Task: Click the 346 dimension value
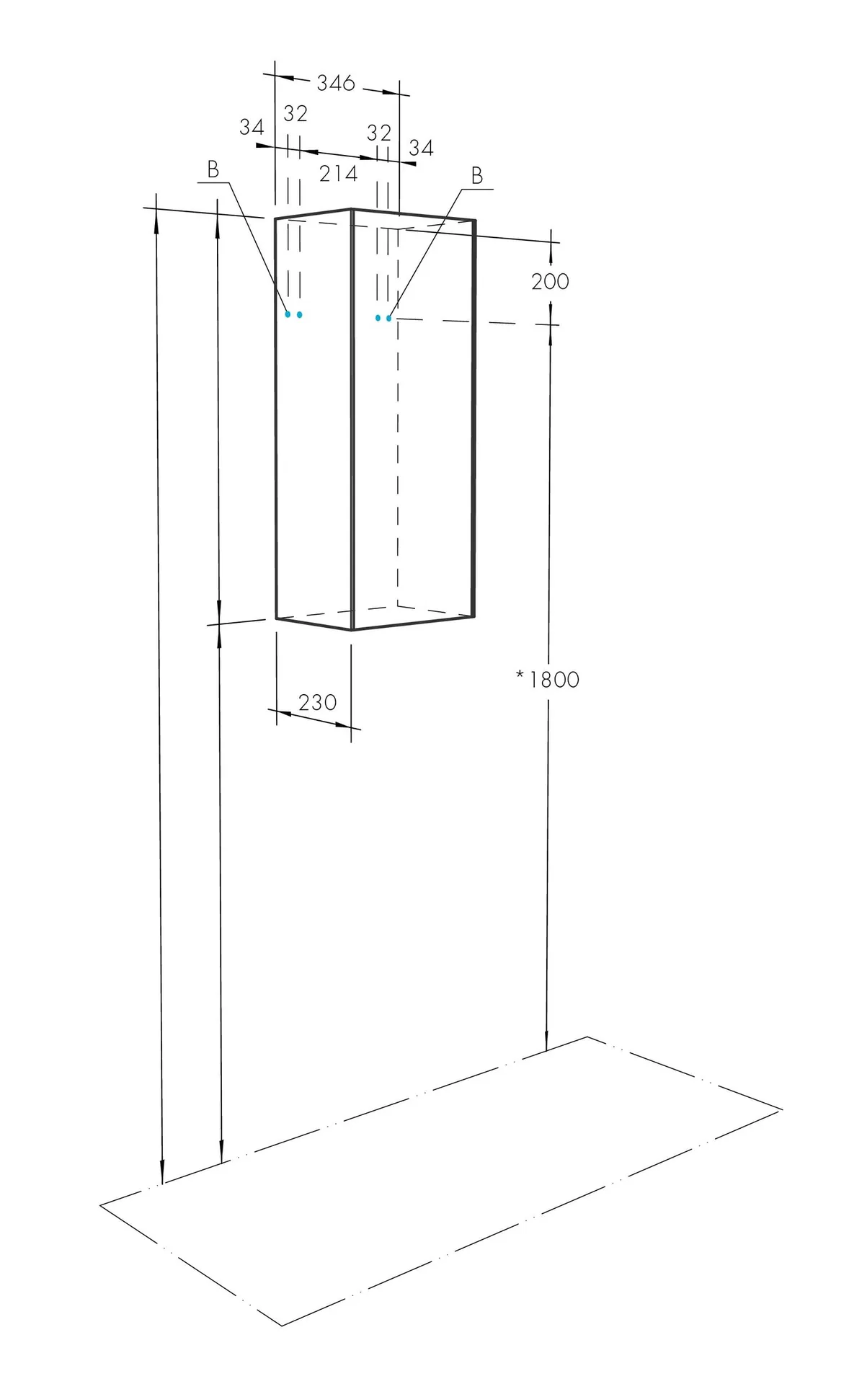(336, 83)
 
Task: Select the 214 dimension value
(338, 173)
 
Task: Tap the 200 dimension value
(550, 281)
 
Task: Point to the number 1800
(554, 680)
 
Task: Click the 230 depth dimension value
(317, 701)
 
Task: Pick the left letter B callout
(213, 170)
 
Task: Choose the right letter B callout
(476, 175)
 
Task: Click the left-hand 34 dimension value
(252, 128)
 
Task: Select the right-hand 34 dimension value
(421, 148)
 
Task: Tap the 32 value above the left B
(295, 114)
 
